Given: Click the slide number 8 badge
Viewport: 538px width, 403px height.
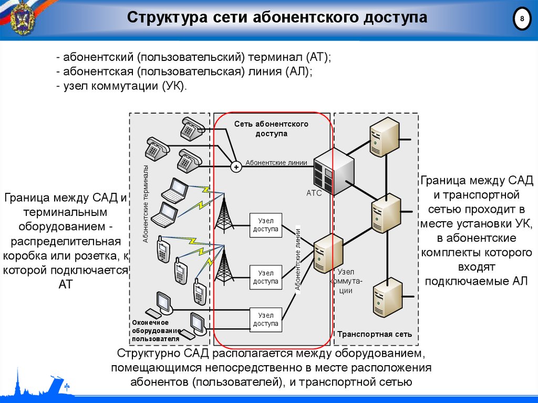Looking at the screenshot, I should pyautogui.click(x=522, y=19).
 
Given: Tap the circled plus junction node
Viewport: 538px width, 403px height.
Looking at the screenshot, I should pyautogui.click(x=236, y=167).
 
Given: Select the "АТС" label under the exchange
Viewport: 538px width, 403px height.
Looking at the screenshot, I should pyautogui.click(x=314, y=193).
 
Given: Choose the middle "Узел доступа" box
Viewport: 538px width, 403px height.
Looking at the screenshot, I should pyautogui.click(x=265, y=277).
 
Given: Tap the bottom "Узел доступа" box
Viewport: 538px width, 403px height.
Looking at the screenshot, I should pyautogui.click(x=265, y=319).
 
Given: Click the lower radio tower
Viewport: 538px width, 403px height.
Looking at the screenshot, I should pyautogui.click(x=224, y=267).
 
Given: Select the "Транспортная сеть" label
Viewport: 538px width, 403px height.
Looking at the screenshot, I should pyautogui.click(x=375, y=334).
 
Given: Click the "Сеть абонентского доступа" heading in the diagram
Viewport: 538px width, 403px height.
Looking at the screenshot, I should pyautogui.click(x=271, y=129).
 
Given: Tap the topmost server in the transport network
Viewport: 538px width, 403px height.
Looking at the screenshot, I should pyautogui.click(x=385, y=136).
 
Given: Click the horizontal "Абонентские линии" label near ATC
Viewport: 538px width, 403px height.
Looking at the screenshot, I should pyautogui.click(x=276, y=163).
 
